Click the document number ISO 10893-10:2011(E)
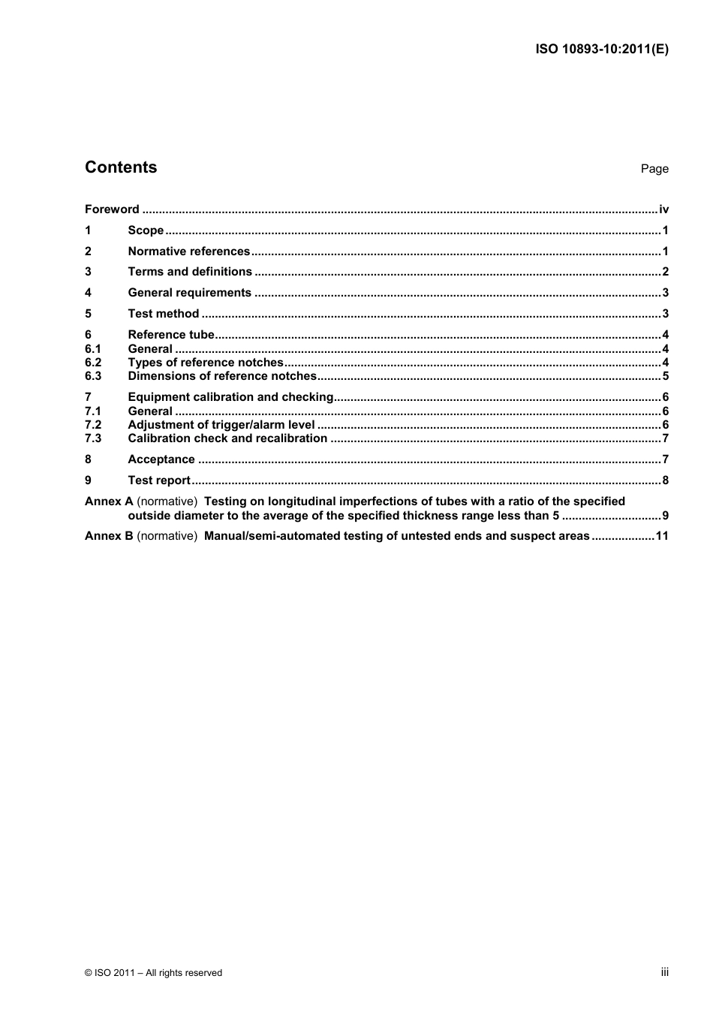(x=601, y=50)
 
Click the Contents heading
(x=121, y=167)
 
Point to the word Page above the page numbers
(x=654, y=169)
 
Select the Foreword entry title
(x=112, y=209)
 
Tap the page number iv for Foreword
(x=663, y=209)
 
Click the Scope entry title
(x=146, y=230)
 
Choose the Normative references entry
(x=188, y=251)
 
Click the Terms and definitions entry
(x=190, y=272)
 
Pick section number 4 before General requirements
(x=89, y=293)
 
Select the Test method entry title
(x=164, y=314)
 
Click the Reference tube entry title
(x=171, y=335)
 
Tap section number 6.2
(x=93, y=363)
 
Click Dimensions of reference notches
(x=222, y=376)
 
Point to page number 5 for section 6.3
(x=665, y=376)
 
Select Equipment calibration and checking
(x=230, y=397)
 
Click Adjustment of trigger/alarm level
(x=221, y=425)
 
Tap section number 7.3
(x=93, y=438)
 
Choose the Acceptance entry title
(x=161, y=459)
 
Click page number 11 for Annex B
(x=662, y=536)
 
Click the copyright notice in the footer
(x=154, y=973)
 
